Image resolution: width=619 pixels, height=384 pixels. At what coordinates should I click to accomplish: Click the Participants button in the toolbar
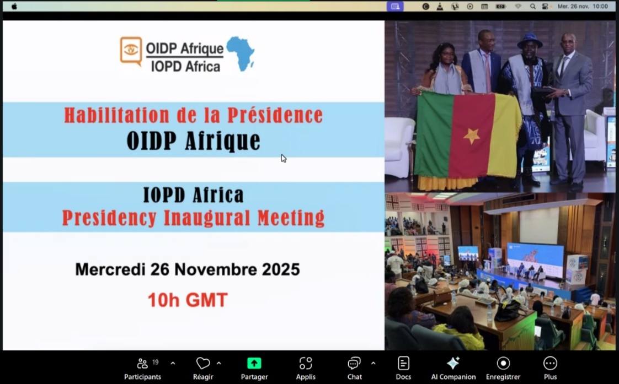[142, 369]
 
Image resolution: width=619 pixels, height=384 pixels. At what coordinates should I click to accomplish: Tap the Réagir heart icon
[203, 363]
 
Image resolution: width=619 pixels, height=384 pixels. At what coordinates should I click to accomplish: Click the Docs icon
[403, 363]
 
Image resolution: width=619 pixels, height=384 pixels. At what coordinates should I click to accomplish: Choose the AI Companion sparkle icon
[453, 363]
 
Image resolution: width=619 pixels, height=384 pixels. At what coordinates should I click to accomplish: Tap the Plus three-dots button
[550, 363]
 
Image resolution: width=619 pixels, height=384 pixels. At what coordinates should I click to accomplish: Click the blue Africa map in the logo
[241, 53]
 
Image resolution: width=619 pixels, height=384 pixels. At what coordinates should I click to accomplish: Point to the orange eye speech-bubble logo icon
[131, 51]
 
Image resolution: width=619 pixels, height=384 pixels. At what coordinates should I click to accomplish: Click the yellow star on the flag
[472, 136]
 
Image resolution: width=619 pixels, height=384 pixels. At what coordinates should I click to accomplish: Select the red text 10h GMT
[188, 300]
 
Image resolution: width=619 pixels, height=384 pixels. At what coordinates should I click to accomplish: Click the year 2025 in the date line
[281, 269]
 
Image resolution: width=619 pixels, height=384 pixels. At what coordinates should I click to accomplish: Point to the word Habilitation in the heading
[118, 116]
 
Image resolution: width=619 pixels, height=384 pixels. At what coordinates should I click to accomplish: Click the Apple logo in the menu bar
[14, 6]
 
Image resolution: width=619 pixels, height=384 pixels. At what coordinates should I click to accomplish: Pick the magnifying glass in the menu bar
[532, 6]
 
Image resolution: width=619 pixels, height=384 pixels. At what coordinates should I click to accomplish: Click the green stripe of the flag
[433, 134]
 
